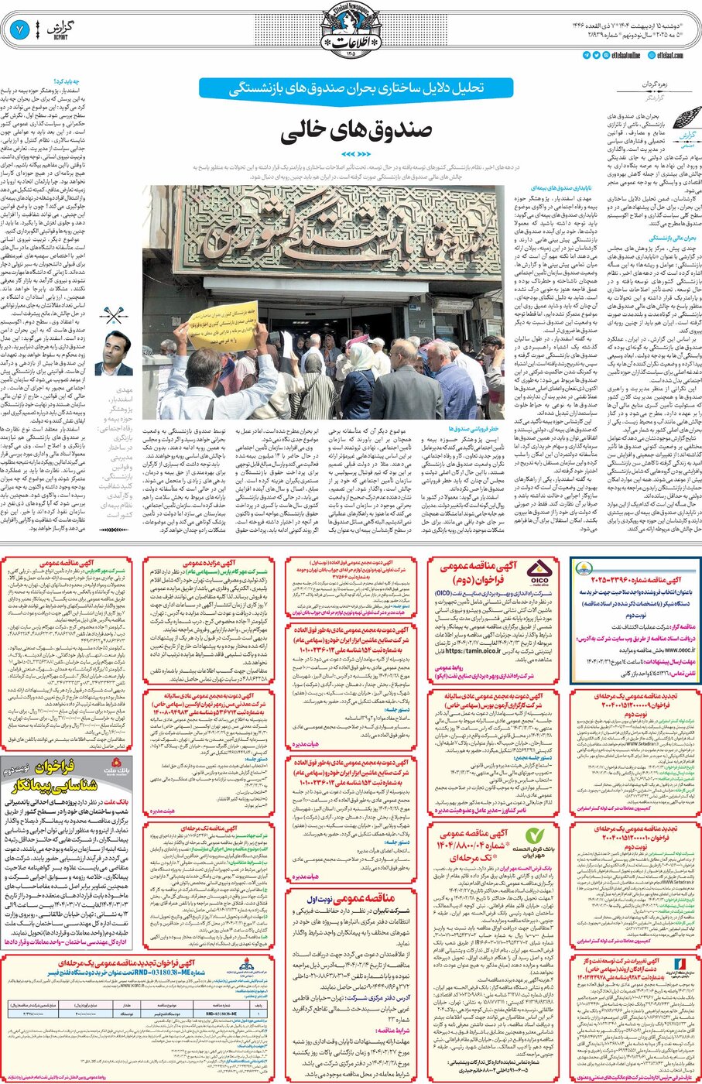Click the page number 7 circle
click(x=19, y=30)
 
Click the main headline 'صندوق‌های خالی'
click(x=355, y=131)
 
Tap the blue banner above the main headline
click(x=356, y=88)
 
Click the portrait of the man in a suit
click(x=115, y=353)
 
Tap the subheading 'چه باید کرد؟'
click(x=67, y=81)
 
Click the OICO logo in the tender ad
click(x=539, y=573)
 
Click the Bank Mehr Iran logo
click(x=535, y=836)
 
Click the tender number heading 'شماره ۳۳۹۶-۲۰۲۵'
click(x=635, y=579)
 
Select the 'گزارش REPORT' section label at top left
click(x=57, y=30)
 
